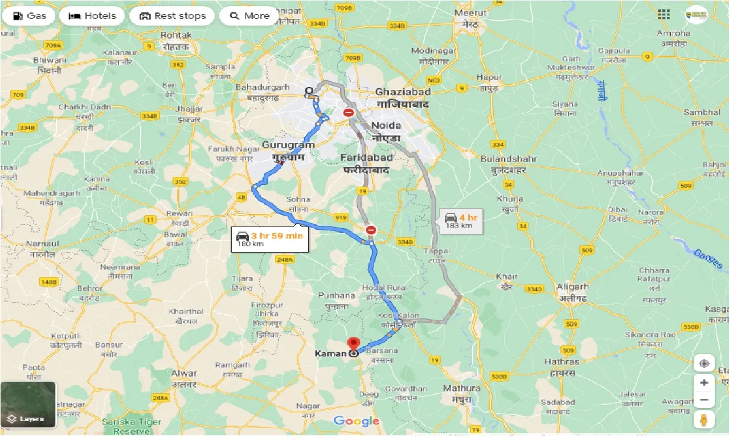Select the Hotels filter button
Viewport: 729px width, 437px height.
point(92,15)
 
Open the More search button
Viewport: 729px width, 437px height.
point(249,15)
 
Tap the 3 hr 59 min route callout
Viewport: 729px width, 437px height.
point(271,239)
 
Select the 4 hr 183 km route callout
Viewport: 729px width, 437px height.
point(461,221)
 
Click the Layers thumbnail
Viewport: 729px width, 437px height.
point(28,404)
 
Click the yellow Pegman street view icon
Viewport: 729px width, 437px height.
point(704,420)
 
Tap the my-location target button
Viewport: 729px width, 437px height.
point(704,364)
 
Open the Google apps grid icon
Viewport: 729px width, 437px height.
point(664,14)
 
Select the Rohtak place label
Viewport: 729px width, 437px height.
point(176,35)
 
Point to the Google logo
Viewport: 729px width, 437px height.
point(357,421)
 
